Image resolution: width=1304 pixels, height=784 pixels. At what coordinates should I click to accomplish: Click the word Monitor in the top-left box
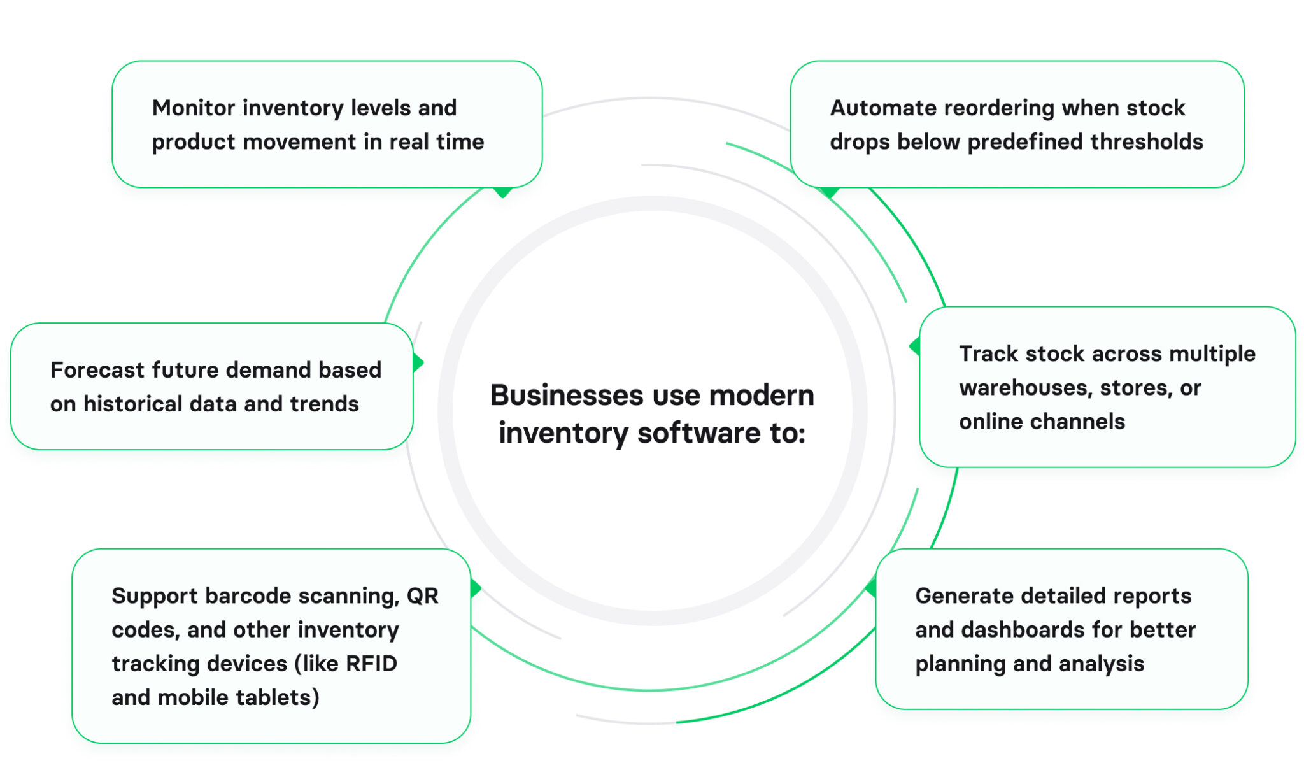click(x=194, y=108)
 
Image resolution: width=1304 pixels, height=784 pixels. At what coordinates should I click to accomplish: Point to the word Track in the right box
click(x=985, y=353)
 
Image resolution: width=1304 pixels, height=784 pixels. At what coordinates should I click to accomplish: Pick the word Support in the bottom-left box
click(x=155, y=596)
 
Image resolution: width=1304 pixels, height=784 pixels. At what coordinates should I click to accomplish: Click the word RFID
click(x=371, y=664)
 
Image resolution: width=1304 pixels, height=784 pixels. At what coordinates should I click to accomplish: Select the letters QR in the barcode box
click(x=423, y=596)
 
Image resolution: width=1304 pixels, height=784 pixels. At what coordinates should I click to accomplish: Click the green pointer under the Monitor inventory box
click(x=503, y=192)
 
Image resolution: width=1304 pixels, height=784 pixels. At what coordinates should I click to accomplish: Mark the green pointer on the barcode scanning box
click(x=475, y=588)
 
